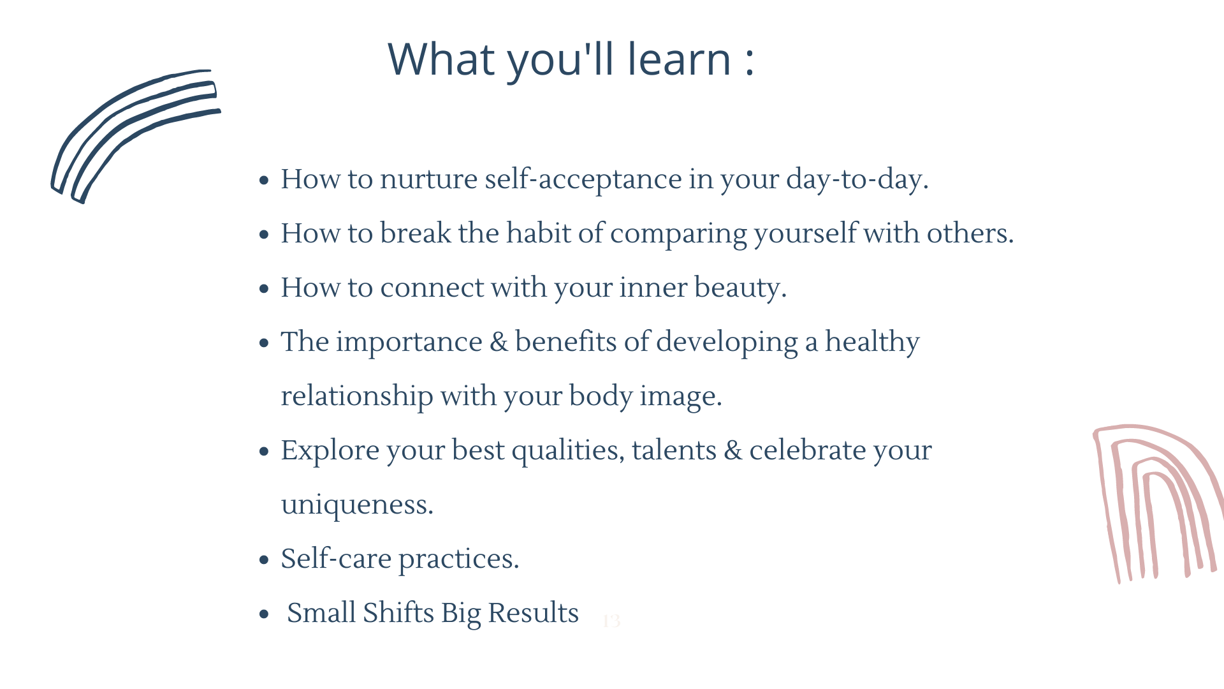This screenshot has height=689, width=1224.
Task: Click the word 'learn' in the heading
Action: point(679,59)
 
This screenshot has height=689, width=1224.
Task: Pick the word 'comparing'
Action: point(678,234)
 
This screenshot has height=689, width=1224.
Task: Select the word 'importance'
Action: point(409,342)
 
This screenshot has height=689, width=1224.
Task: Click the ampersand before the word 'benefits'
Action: point(499,342)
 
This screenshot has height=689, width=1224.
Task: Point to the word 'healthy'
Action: point(872,342)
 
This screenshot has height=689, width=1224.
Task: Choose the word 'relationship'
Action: point(357,396)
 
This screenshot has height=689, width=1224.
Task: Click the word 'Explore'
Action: point(330,450)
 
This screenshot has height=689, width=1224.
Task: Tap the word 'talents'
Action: point(674,450)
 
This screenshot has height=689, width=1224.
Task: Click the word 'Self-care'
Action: point(336,558)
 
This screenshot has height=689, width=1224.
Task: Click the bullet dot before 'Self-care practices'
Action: point(265,560)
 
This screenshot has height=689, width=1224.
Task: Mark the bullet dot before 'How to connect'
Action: point(265,289)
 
